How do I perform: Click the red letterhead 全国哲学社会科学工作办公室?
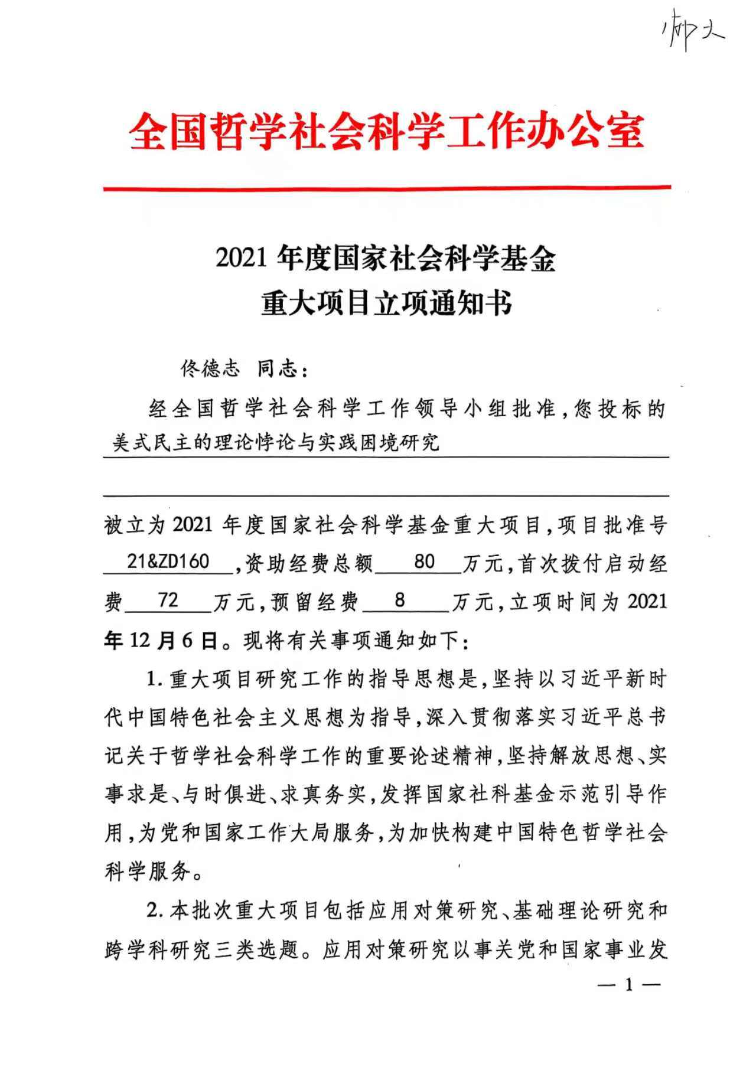click(x=387, y=131)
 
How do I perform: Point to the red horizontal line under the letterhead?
click(x=387, y=188)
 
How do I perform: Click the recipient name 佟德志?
click(x=210, y=369)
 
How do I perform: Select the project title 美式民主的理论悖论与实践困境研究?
click(x=276, y=442)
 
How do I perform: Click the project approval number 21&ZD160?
click(x=168, y=562)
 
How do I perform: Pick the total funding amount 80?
click(x=425, y=562)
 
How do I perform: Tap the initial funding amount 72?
click(x=168, y=600)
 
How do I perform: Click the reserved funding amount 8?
click(x=400, y=600)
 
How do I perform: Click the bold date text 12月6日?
click(x=172, y=641)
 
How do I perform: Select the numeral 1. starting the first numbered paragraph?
click(x=155, y=679)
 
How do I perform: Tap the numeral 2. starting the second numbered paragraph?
click(x=155, y=911)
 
